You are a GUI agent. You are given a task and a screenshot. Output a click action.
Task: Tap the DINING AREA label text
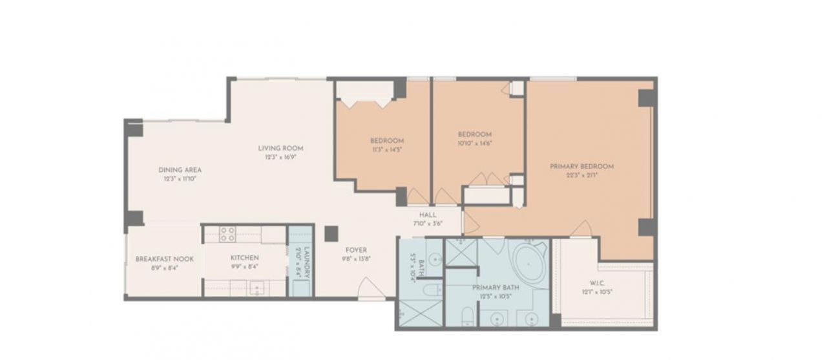click(180, 170)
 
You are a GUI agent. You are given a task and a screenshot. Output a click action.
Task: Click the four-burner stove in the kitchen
click(227, 233)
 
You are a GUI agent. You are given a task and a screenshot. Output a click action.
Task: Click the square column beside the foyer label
click(331, 233)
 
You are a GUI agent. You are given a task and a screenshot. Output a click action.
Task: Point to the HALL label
click(427, 215)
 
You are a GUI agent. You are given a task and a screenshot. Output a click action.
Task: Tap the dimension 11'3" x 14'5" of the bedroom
click(387, 149)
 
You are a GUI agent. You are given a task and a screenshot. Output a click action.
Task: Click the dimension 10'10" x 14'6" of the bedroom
click(475, 143)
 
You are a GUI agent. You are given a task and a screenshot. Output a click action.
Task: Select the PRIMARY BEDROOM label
click(581, 166)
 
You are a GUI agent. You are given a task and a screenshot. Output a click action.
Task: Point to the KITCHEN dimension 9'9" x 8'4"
click(244, 266)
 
